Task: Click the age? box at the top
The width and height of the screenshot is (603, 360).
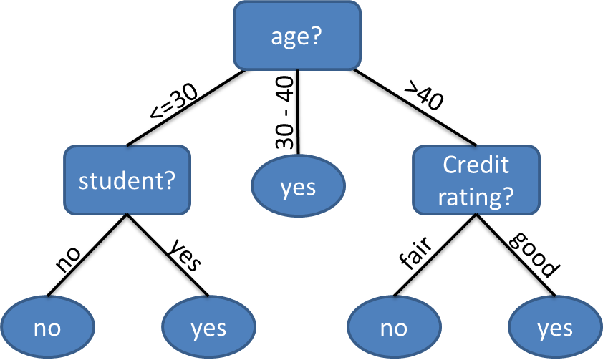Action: (x=297, y=36)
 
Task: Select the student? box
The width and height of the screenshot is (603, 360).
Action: (x=127, y=180)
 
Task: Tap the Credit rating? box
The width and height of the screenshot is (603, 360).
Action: (x=476, y=180)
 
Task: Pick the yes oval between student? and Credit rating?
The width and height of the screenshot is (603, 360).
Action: (x=298, y=186)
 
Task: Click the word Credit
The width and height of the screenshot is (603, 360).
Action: (x=476, y=165)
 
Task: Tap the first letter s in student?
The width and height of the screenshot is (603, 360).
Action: (x=83, y=182)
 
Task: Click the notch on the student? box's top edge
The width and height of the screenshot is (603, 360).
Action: (x=127, y=147)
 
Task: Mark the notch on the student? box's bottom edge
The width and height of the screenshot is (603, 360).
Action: (x=127, y=213)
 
